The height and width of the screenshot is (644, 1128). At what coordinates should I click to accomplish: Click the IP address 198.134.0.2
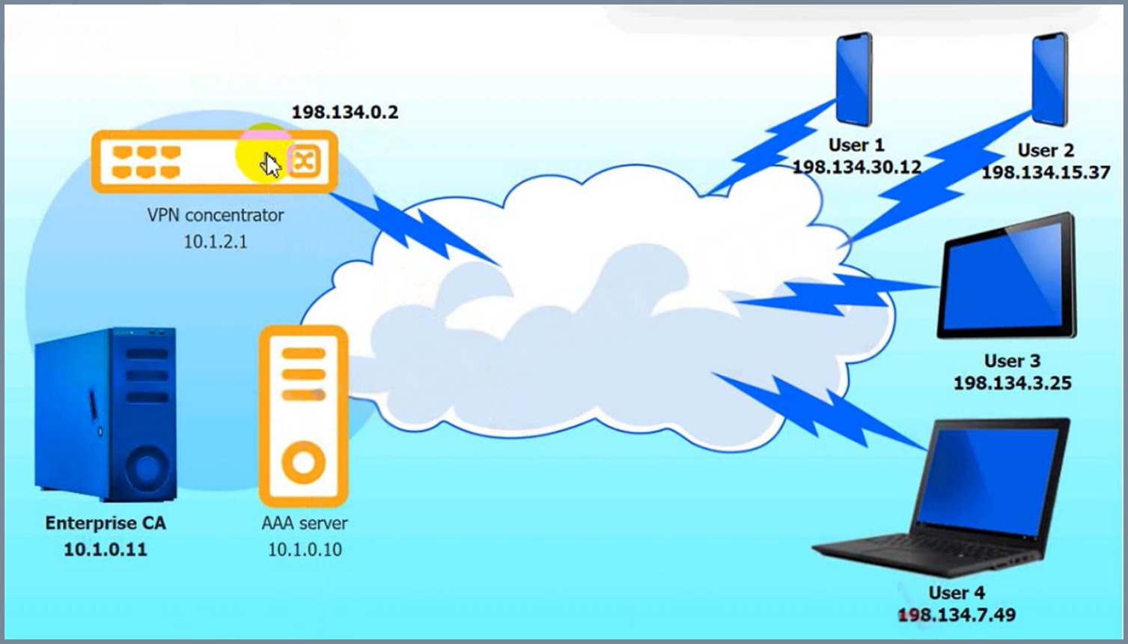(345, 112)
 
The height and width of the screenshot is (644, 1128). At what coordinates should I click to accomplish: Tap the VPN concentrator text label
(216, 215)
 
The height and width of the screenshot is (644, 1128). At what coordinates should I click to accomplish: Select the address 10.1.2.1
(216, 242)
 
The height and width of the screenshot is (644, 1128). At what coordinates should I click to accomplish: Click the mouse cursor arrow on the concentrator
(271, 165)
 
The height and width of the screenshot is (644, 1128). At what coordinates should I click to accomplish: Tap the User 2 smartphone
(1049, 79)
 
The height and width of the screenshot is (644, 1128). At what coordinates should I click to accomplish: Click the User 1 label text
(856, 145)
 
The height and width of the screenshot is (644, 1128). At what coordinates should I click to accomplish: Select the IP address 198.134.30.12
(857, 167)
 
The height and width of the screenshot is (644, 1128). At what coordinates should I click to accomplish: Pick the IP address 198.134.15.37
(1046, 172)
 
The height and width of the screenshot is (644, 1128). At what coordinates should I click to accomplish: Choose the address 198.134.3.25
(1013, 383)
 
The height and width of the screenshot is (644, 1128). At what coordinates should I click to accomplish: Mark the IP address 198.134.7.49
(957, 615)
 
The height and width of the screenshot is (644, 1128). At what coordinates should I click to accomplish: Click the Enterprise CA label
(106, 523)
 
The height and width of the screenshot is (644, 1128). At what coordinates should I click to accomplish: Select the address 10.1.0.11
(106, 549)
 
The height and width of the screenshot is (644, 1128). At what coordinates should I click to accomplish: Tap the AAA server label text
(305, 523)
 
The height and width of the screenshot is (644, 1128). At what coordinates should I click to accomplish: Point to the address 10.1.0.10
(305, 549)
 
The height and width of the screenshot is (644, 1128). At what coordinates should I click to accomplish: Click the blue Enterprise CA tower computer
(106, 414)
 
